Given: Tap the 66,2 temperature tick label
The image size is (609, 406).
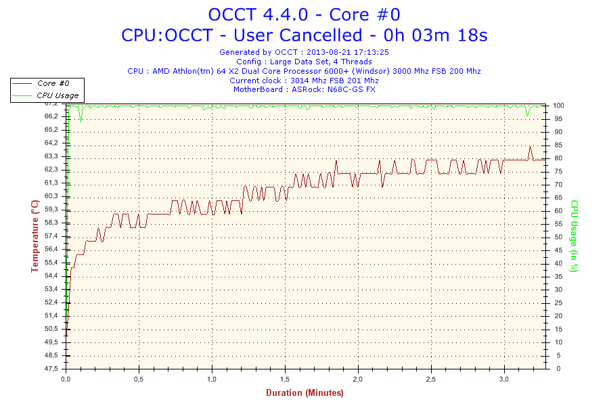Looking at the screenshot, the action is [51, 116].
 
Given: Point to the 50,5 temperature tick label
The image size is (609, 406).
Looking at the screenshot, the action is [51, 329].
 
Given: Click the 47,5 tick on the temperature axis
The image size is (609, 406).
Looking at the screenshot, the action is [51, 368].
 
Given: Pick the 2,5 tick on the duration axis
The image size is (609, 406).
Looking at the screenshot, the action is [431, 379].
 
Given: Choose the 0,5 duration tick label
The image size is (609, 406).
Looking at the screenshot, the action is [139, 379].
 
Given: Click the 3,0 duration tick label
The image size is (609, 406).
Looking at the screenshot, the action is [503, 379].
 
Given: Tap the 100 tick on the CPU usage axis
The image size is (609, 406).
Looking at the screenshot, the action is [558, 106].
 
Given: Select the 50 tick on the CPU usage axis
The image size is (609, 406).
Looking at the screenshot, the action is [558, 237].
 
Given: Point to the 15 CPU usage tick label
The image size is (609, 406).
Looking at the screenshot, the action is [558, 329].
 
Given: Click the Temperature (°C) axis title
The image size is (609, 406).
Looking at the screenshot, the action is [35, 236].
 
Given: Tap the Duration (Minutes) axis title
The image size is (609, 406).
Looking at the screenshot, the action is [305, 392].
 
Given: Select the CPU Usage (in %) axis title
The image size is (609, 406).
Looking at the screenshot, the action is [574, 236].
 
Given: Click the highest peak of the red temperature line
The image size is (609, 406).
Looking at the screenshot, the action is [530, 146].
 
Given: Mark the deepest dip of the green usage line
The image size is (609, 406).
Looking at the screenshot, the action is [81, 122].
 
